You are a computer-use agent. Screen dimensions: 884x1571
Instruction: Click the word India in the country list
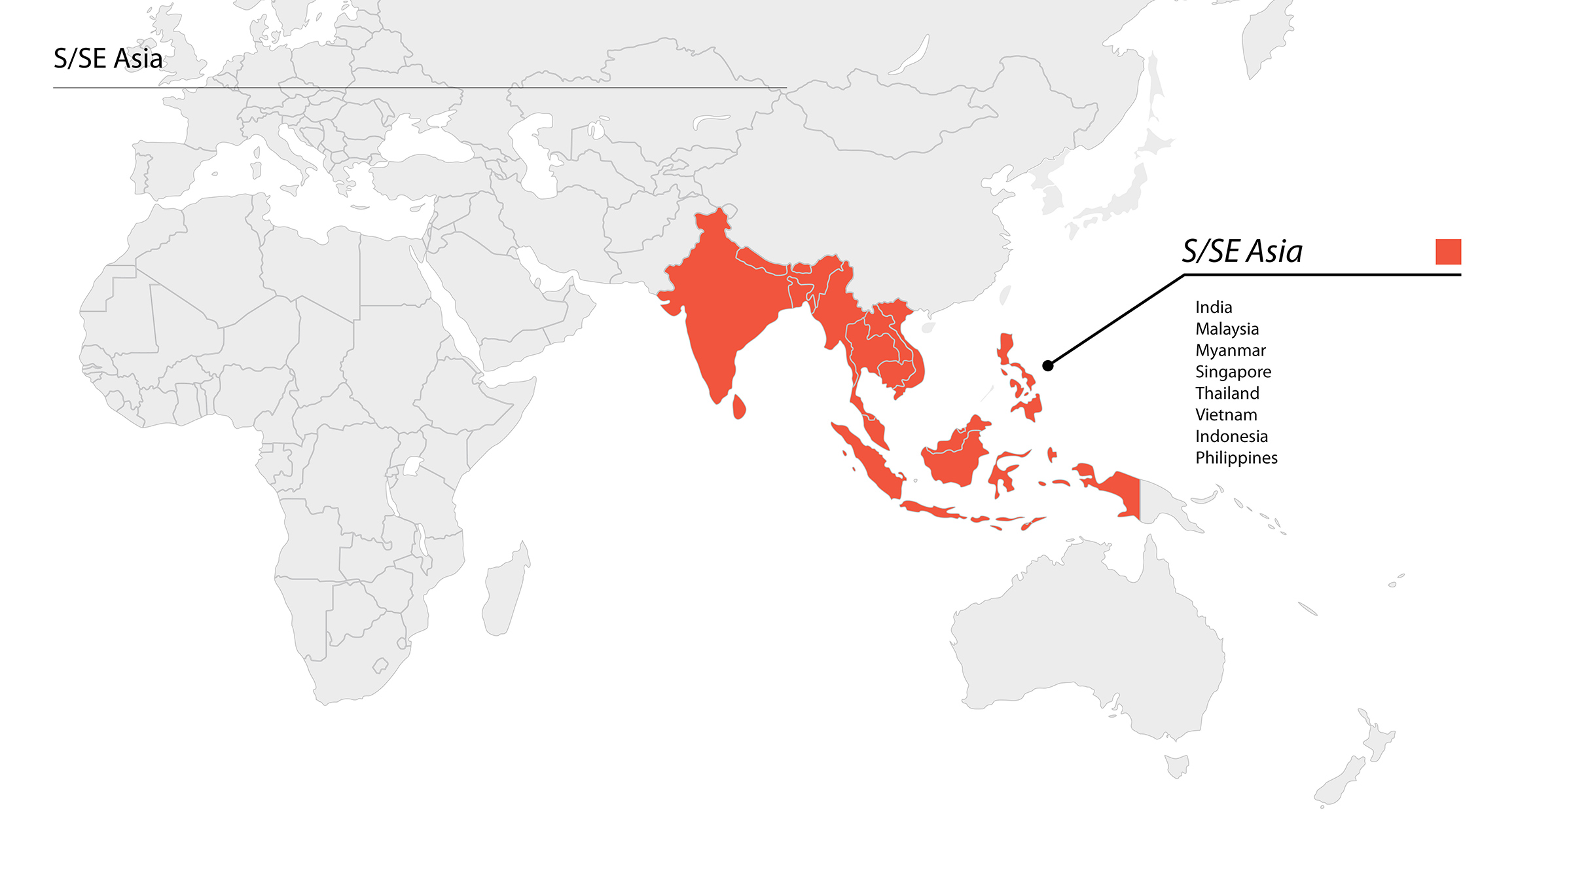(1214, 307)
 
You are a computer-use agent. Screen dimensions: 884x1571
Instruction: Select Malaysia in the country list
(1227, 329)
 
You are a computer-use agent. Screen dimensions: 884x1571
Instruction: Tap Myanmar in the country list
(1231, 350)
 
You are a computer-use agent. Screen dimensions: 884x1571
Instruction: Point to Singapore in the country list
(1233, 372)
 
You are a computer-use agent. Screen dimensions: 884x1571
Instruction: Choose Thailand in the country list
(1227, 394)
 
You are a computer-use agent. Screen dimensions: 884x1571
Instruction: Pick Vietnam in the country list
(1226, 415)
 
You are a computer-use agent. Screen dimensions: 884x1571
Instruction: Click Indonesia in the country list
(1231, 437)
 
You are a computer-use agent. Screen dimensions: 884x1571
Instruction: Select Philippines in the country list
(1237, 458)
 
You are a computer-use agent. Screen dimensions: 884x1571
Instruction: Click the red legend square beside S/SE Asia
(1448, 251)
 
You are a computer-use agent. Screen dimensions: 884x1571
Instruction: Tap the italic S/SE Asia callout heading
(1242, 251)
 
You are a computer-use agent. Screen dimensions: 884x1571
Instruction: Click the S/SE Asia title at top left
(108, 59)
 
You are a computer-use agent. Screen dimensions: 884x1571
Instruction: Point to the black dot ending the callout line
(1048, 365)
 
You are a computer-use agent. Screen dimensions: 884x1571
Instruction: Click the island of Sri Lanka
(739, 407)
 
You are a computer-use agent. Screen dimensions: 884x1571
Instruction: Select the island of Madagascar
(505, 593)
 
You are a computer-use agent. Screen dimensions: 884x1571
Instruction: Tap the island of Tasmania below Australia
(1177, 765)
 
